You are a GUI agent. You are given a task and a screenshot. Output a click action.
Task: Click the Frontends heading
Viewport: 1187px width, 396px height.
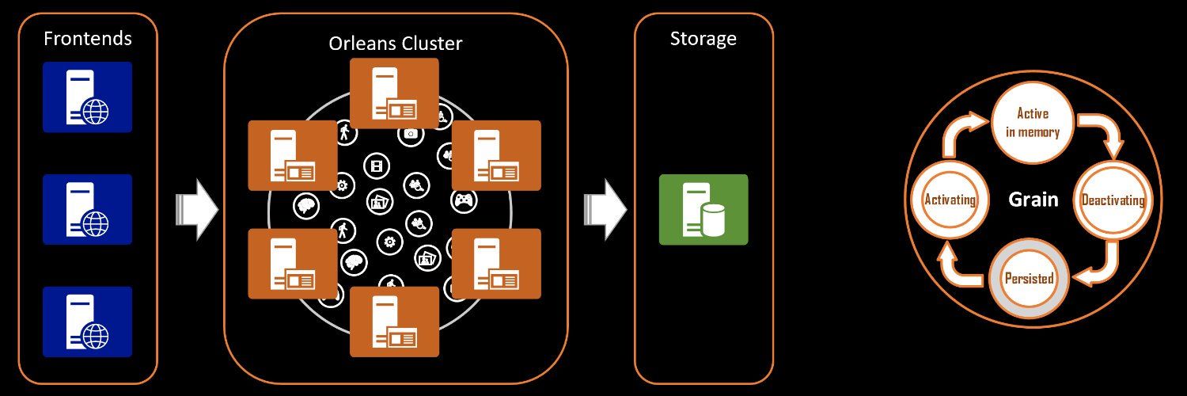click(x=87, y=38)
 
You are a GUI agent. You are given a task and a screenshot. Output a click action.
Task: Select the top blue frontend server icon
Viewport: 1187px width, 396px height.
click(x=87, y=97)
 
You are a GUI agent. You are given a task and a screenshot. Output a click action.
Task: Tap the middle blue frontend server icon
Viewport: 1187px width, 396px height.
click(x=87, y=209)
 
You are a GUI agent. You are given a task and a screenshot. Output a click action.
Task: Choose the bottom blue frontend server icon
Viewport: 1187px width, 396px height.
click(x=87, y=322)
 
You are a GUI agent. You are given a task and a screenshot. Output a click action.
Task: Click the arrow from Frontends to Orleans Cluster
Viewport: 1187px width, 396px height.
click(x=196, y=210)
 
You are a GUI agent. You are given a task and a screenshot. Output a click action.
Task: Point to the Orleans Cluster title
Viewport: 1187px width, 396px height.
click(x=395, y=44)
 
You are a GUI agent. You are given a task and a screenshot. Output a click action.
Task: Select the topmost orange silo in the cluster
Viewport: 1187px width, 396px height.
click(x=394, y=93)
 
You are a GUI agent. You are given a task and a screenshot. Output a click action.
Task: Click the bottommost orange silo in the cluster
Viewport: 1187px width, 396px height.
click(x=394, y=321)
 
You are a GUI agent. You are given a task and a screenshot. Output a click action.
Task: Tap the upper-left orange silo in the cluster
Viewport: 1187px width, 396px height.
click(x=292, y=155)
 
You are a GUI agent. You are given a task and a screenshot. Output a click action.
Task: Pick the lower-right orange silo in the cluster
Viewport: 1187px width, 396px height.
click(x=496, y=264)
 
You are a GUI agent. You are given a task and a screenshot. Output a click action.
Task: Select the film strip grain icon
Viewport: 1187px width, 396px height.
click(x=377, y=166)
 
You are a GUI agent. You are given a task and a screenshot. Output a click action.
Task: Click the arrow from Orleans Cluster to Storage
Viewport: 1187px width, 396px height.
click(x=605, y=210)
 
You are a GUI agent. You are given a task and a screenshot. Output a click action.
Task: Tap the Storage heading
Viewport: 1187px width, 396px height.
click(x=703, y=39)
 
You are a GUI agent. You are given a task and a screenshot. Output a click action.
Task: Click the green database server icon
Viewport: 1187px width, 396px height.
click(x=703, y=209)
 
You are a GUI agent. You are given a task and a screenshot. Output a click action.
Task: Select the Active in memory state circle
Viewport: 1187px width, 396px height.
click(x=1032, y=123)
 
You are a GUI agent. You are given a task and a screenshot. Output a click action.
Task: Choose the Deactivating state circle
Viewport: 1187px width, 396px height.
click(x=1113, y=200)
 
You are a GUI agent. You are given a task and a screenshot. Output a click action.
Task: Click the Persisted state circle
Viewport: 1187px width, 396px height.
click(x=1029, y=279)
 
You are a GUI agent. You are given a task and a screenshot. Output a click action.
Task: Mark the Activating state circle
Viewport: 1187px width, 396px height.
click(x=950, y=200)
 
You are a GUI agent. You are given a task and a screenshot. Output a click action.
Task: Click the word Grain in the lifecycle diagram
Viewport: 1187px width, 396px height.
click(x=1033, y=200)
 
